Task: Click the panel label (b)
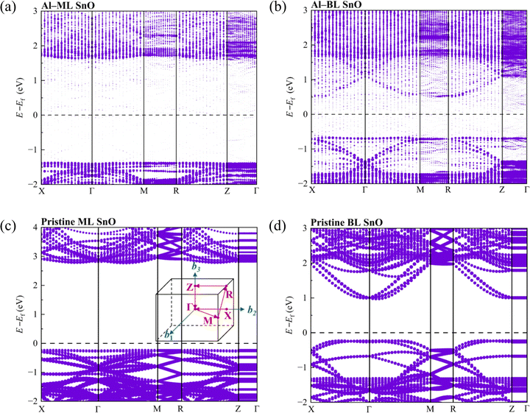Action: point(275,7)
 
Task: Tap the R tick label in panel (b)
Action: point(448,191)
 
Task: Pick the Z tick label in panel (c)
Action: point(239,408)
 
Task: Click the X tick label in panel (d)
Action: point(312,408)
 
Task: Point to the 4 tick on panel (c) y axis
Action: point(33,228)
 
